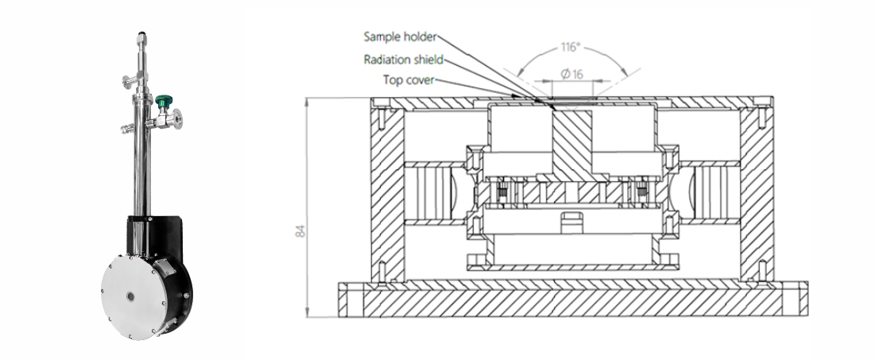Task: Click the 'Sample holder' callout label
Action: [401, 37]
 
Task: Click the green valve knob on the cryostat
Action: [164, 101]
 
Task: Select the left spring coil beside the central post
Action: [504, 192]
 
